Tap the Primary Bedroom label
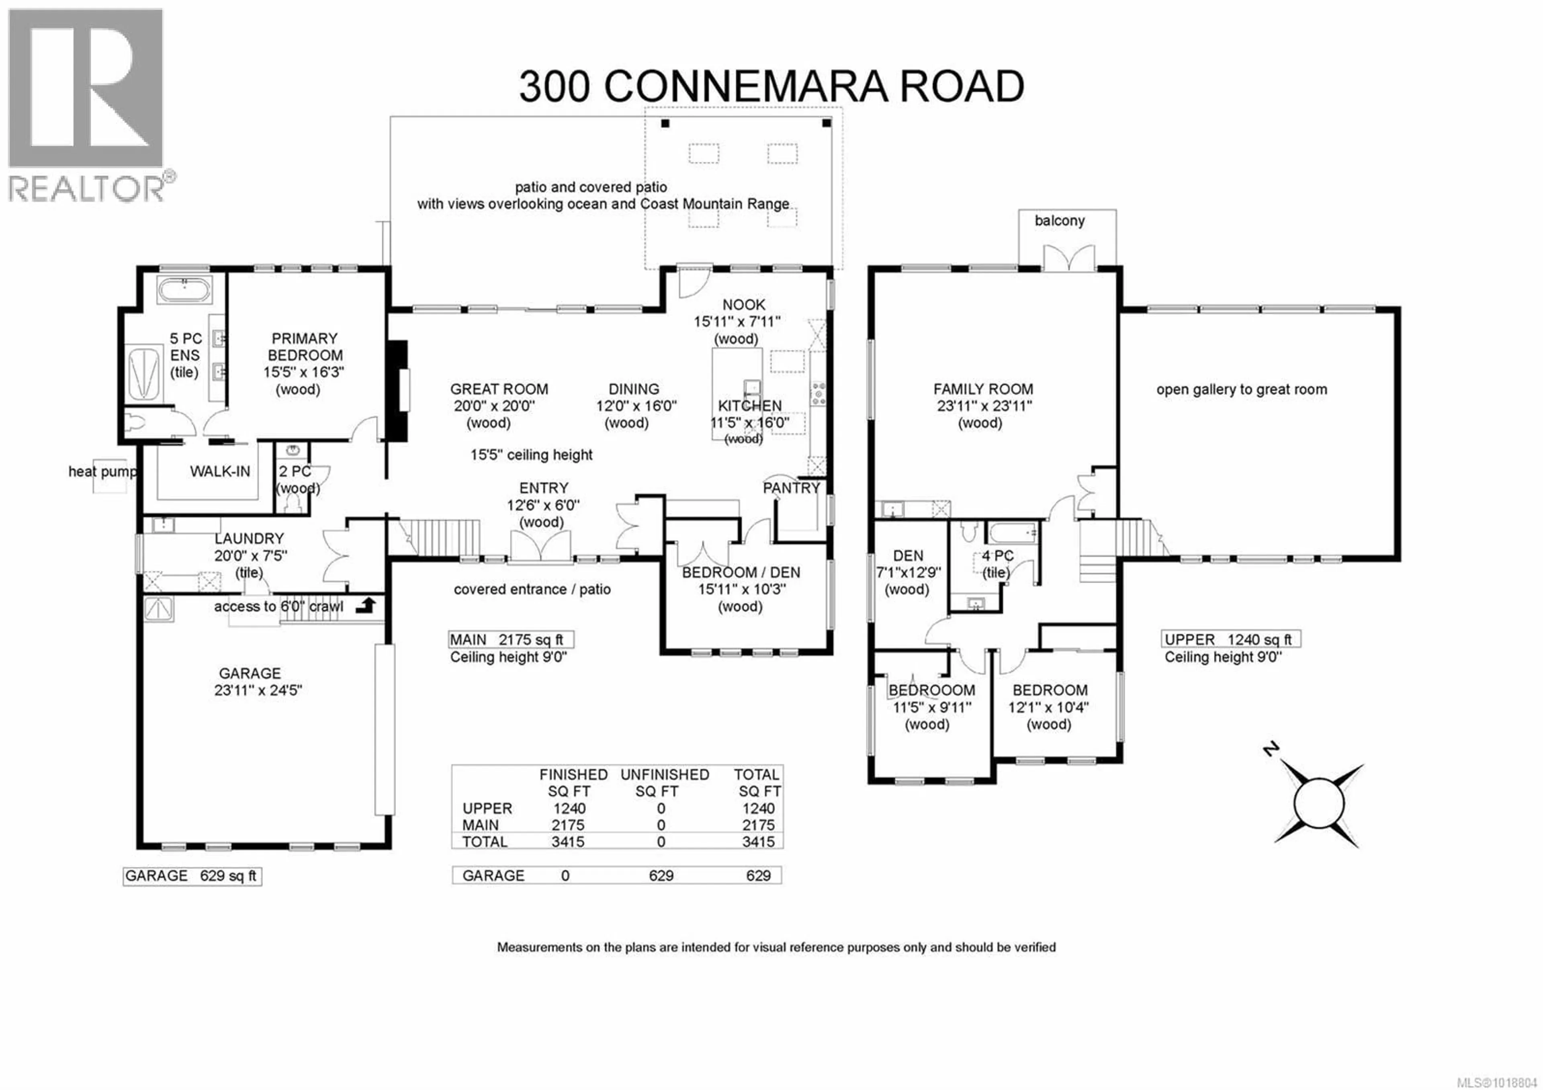[x=305, y=347]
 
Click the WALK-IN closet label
[x=220, y=471]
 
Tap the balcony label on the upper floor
[x=1059, y=220]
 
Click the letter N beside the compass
[x=1270, y=749]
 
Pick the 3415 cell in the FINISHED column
[x=568, y=841]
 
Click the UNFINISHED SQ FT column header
[x=664, y=783]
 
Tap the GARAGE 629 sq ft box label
[x=192, y=876]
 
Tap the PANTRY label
[x=791, y=488]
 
